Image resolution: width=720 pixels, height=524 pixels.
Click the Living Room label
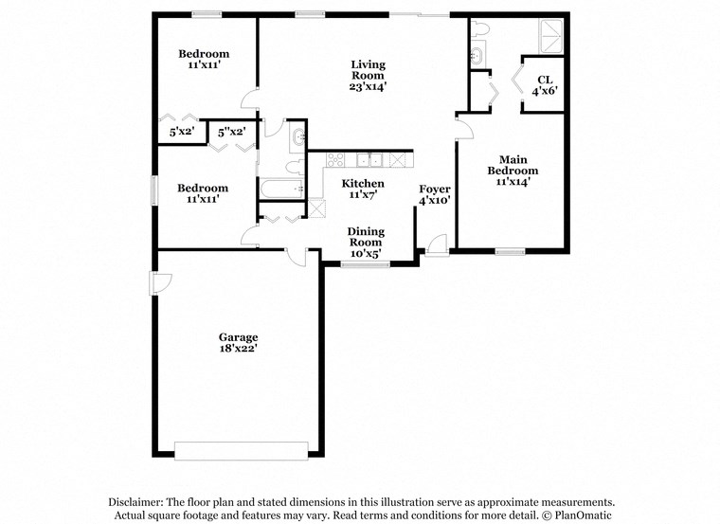pos(368,75)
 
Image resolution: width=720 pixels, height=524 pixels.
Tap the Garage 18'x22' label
pos(238,342)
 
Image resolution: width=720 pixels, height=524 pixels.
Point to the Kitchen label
pos(363,189)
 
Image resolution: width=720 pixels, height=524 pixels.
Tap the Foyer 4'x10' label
pos(435,194)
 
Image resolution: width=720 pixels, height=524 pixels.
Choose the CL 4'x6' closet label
pos(544,85)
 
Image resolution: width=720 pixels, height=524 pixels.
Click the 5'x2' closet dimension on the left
pos(181,132)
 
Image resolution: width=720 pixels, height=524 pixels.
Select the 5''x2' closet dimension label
pos(232,132)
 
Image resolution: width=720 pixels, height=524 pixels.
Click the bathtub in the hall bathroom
pos(281,189)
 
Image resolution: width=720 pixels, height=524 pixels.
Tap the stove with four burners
pos(340,159)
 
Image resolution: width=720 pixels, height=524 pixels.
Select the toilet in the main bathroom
pos(477,31)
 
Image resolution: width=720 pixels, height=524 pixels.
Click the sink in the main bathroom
pos(477,56)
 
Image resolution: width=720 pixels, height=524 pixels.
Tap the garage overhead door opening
pos(242,450)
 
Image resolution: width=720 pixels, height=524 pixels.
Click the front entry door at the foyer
pos(437,245)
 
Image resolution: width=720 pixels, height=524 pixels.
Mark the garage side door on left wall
pos(159,283)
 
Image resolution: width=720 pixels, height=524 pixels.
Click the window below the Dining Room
pos(366,264)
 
